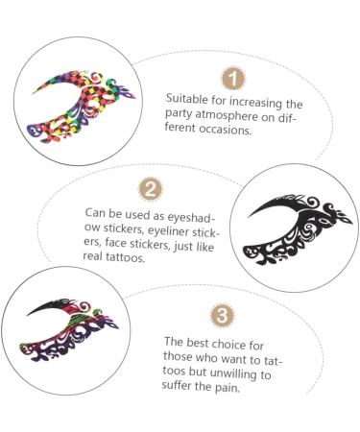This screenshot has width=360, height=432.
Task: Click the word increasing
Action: [x=237, y=100]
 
